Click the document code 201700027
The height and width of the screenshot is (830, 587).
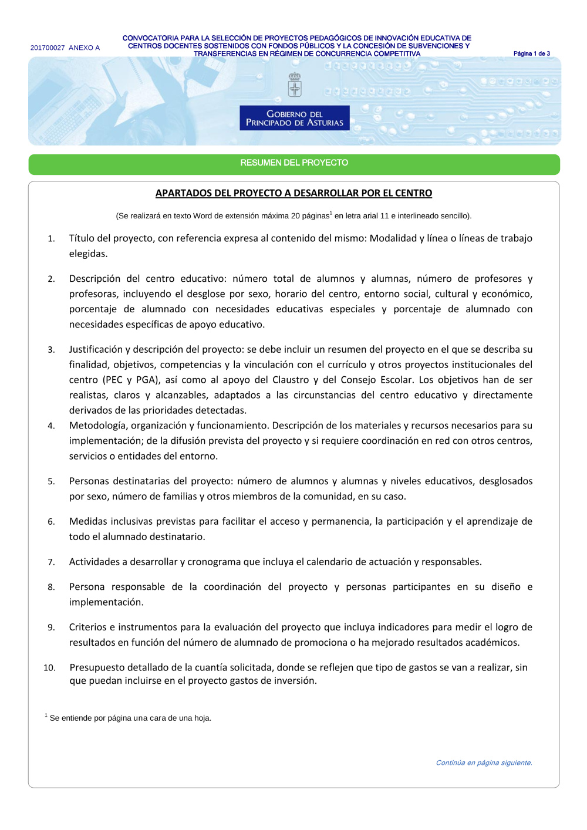47,48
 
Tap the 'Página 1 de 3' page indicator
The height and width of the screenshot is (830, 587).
531,53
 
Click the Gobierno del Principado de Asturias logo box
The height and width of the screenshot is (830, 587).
294,118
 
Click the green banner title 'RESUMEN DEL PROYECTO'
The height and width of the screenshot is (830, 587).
294,163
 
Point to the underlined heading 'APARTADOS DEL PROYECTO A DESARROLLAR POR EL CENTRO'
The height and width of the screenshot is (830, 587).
293,193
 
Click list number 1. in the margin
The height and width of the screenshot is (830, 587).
52,239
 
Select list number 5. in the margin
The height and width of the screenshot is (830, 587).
52,482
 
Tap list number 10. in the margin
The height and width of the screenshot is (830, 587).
49,668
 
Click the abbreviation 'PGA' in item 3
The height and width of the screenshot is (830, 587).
146,380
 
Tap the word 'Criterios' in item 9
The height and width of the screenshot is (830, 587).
89,627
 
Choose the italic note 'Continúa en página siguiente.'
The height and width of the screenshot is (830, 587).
484,763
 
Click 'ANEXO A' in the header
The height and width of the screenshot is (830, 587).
84,48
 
